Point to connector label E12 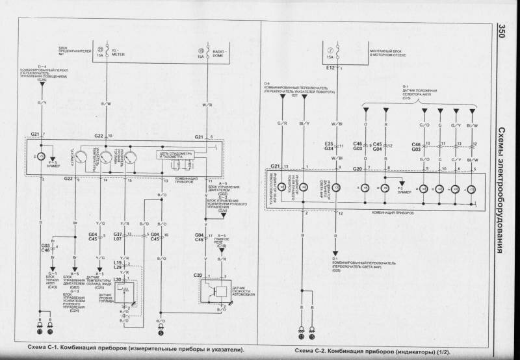[330, 67]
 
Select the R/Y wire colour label [42, 103]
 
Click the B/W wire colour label [107, 103]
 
